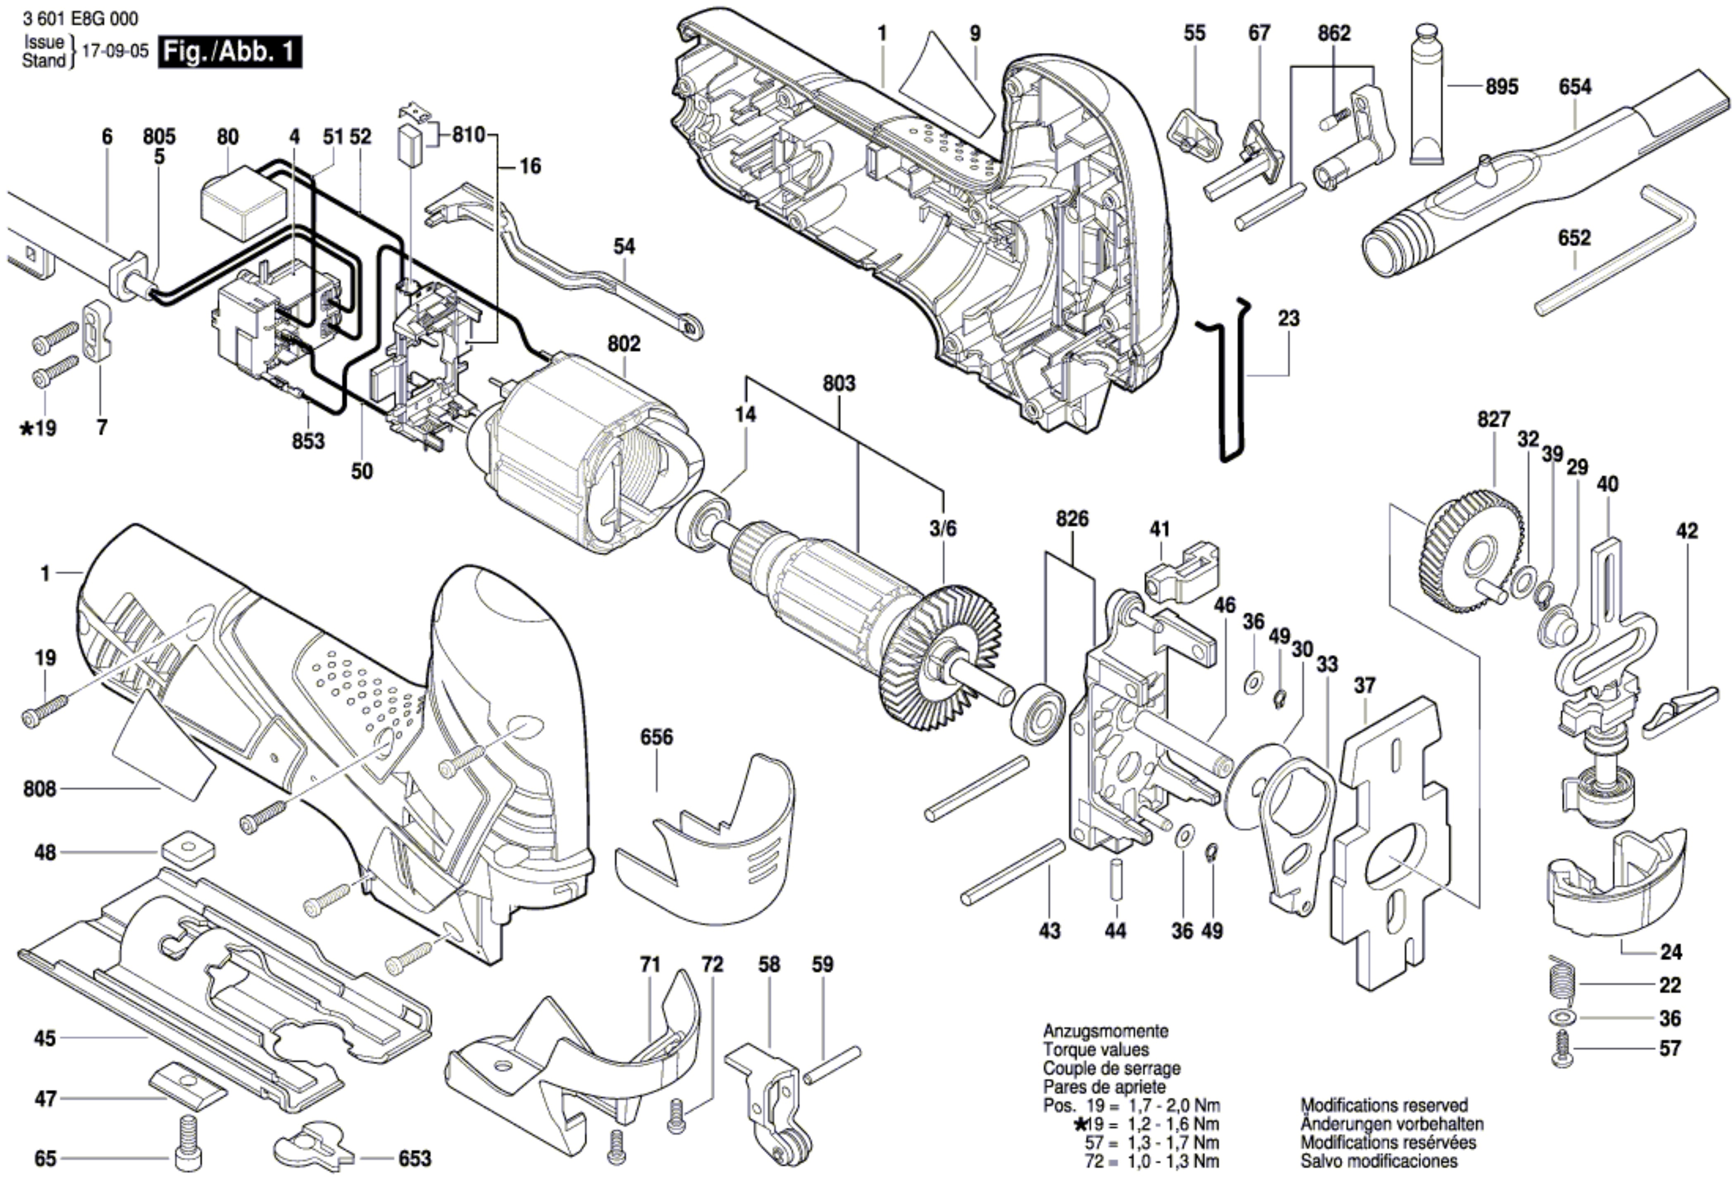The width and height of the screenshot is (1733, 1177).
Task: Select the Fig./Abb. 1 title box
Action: click(230, 52)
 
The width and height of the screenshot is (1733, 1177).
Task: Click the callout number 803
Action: click(839, 384)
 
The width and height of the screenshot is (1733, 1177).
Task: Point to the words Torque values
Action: click(1095, 1049)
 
